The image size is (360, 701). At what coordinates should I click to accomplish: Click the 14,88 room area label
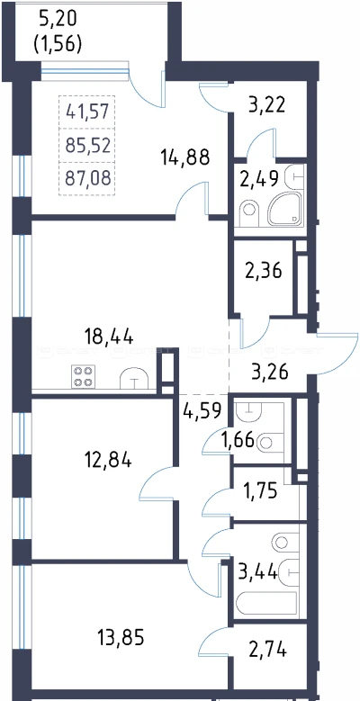pos(185,157)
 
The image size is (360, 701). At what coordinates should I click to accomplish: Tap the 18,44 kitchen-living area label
pos(109,337)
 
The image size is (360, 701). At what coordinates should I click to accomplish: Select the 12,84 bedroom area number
pos(108,460)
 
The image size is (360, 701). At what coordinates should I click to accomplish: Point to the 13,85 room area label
pos(121,637)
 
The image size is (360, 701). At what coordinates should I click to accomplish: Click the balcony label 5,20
pos(58,18)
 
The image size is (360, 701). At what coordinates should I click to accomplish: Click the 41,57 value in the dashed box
pos(87,111)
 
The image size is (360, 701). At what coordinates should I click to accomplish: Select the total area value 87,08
pos(87,179)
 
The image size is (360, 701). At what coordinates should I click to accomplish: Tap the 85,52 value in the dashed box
pos(87,145)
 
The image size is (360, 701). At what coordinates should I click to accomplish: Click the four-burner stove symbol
pos(83,376)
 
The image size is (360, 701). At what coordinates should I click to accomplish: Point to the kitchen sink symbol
pos(134,378)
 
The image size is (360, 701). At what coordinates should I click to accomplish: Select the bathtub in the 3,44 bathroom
pos(267,605)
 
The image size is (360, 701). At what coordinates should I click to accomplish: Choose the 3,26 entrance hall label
pos(267,372)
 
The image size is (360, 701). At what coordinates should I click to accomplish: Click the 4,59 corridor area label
pos(202,411)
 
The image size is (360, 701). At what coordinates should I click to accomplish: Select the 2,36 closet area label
pos(263,271)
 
